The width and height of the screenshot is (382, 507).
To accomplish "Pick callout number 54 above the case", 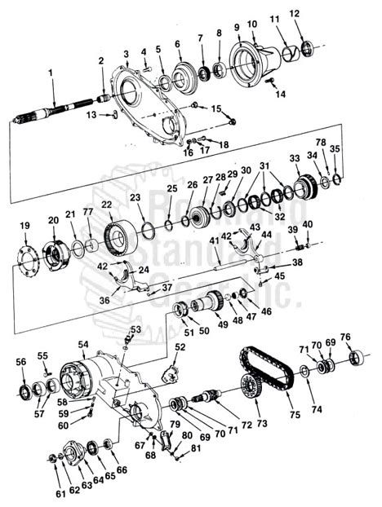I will tap(82, 346).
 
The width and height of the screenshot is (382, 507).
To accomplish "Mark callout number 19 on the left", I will tap(24, 225).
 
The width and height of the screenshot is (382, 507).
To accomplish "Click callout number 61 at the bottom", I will tap(60, 494).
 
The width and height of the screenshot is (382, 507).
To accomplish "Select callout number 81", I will tap(195, 448).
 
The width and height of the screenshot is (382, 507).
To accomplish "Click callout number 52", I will tap(180, 347).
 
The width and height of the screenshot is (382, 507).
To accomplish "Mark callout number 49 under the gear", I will tap(221, 324).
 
